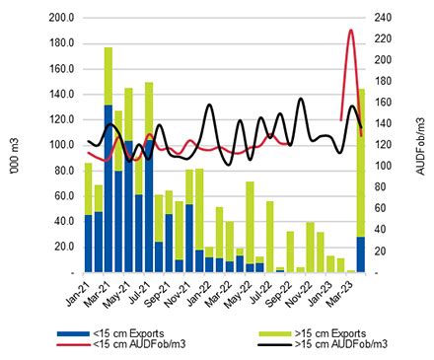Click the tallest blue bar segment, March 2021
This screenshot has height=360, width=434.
coord(108,187)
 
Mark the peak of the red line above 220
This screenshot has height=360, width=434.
coord(351,31)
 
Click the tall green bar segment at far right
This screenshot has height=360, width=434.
coord(361,163)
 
